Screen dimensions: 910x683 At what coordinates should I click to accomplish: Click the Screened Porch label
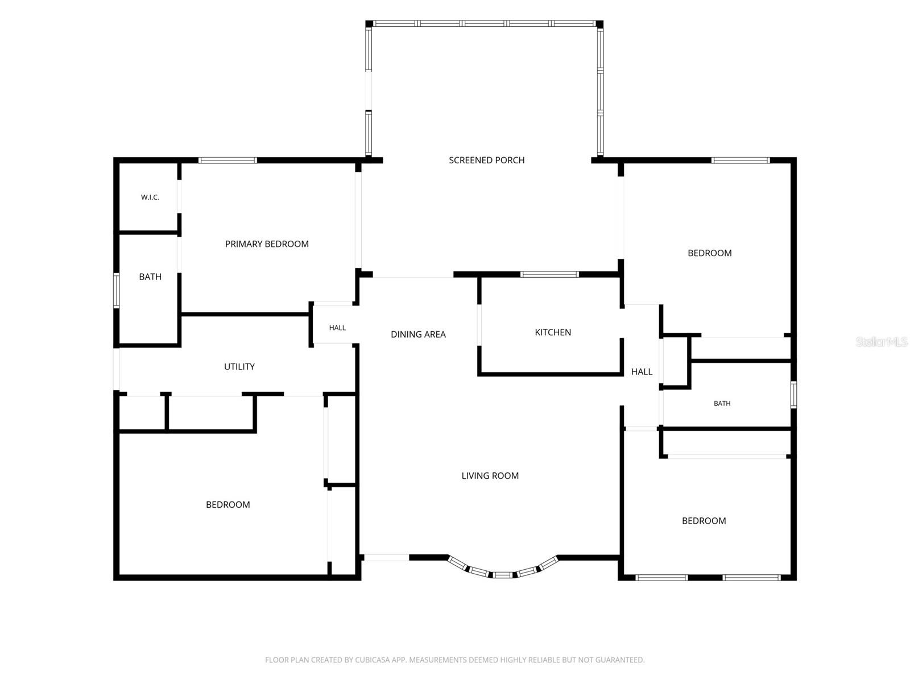486,160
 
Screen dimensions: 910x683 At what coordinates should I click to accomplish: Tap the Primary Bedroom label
267,244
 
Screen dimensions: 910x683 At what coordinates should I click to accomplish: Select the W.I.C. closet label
150,198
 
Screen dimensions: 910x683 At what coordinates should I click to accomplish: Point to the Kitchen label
553,332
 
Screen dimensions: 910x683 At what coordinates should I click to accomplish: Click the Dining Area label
418,334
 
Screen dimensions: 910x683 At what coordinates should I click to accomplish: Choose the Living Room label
490,476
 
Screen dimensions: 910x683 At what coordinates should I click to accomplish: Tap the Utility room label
239,367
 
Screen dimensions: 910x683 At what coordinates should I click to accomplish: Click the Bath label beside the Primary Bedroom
150,277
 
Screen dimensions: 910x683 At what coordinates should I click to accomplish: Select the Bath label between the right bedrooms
722,403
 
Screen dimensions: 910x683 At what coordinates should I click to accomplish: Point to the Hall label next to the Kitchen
642,372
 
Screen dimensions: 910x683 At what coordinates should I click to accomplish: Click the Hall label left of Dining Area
337,328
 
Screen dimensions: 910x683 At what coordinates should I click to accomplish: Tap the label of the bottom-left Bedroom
227,505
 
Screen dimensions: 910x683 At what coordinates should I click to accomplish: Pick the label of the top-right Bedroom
709,253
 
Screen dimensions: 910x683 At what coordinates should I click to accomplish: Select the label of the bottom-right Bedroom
704,521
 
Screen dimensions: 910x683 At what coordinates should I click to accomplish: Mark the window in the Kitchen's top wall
549,274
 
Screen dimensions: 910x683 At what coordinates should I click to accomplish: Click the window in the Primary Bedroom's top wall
227,161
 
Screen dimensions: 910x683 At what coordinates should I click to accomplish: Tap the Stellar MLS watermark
882,341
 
